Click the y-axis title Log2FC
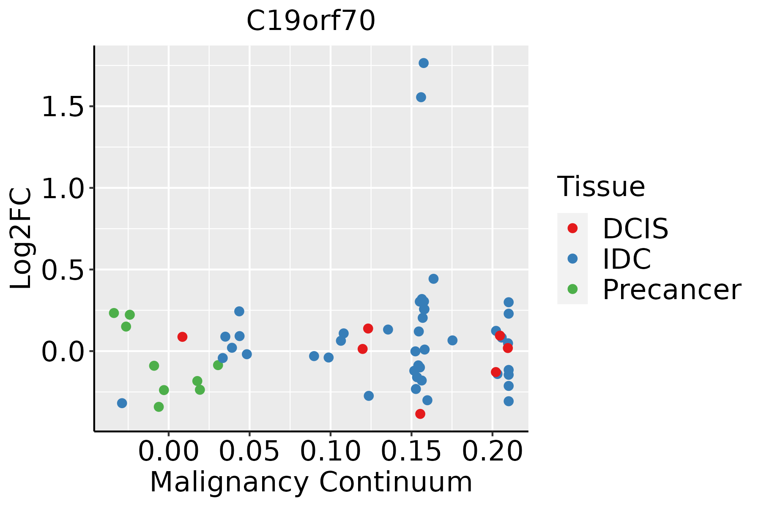coord(21,238)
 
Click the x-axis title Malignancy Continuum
coord(311,482)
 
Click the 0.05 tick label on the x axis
coord(249,452)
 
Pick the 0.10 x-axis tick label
coord(331,452)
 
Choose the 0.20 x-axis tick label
coord(492,452)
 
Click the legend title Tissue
coord(601,186)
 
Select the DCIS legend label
coord(635,229)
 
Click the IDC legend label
coord(627,259)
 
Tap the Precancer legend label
coord(672,289)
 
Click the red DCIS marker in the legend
coord(572,228)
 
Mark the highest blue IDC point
coord(424,63)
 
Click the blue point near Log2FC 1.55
coord(421,97)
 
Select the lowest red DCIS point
coord(420,414)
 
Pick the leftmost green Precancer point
coord(114,313)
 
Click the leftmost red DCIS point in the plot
coord(182,337)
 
